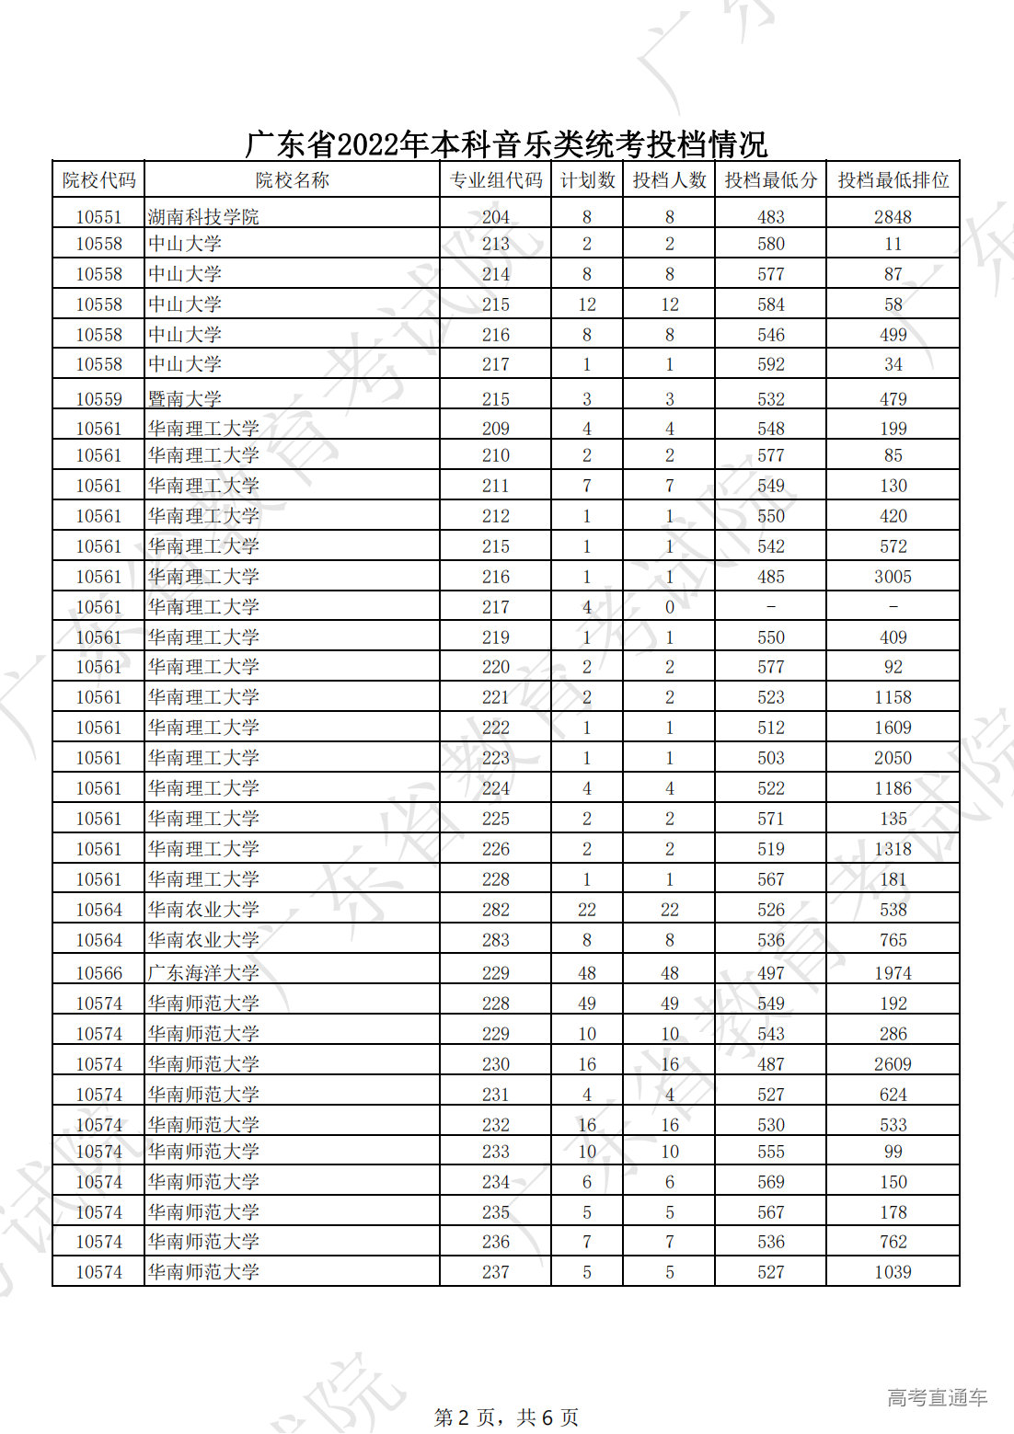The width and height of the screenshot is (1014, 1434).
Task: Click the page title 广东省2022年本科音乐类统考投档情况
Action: click(x=506, y=144)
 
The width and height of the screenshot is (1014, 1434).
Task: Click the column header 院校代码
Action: click(x=98, y=180)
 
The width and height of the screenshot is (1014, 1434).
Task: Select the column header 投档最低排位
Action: click(x=893, y=180)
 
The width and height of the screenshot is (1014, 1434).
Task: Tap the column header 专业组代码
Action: click(x=495, y=180)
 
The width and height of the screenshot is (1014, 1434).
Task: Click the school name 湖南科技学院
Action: click(x=203, y=217)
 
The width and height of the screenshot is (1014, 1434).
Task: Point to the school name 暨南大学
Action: click(x=185, y=399)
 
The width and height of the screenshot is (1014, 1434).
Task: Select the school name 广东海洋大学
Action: click(x=203, y=973)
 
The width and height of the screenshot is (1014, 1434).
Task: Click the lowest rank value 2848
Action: click(x=893, y=217)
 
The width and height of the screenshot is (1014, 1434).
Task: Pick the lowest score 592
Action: click(x=770, y=364)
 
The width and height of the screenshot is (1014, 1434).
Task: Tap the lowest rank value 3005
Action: click(x=893, y=577)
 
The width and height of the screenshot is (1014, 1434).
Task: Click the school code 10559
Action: click(x=98, y=399)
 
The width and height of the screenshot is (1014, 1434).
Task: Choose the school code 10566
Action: click(x=98, y=973)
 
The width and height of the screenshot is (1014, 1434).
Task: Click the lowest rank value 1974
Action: click(x=893, y=973)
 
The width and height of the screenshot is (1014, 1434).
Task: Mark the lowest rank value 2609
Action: click(x=893, y=1064)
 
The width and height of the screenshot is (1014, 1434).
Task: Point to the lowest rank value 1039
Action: click(x=893, y=1272)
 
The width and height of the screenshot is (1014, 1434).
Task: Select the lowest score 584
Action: click(x=770, y=304)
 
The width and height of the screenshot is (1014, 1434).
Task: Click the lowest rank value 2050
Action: click(x=893, y=758)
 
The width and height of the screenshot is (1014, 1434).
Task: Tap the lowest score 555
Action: click(x=770, y=1152)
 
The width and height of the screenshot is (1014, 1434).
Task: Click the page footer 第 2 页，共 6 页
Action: click(x=506, y=1417)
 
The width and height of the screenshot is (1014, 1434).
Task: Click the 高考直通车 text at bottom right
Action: click(x=937, y=1398)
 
